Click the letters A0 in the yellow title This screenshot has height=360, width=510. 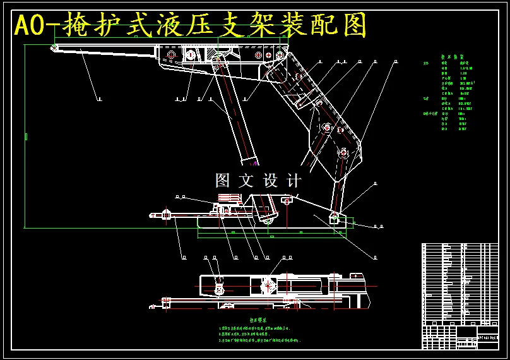click(x=30, y=27)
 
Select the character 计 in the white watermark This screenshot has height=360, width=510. click(x=294, y=181)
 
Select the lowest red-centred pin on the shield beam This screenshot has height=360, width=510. click(x=343, y=152)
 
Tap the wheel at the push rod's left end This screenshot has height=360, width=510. click(x=166, y=214)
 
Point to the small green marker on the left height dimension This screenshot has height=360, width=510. click(x=26, y=136)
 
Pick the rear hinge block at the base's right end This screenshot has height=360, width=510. click(x=335, y=218)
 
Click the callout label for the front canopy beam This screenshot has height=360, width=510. click(x=99, y=99)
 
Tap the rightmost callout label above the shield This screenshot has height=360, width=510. click(x=395, y=62)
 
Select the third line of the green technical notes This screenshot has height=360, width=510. click(x=259, y=340)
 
